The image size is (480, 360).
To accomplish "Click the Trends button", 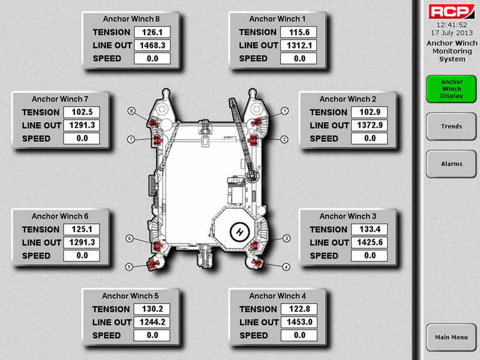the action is (x=451, y=127).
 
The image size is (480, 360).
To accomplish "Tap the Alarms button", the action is (x=451, y=164).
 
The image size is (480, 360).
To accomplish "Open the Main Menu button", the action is (x=451, y=337).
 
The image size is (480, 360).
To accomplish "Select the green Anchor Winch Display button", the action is (x=451, y=89).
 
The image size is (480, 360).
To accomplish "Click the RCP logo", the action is (x=452, y=11).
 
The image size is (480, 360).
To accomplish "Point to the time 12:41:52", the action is (x=452, y=25).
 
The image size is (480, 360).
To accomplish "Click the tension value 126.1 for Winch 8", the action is (x=152, y=32).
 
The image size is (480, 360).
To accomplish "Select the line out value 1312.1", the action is (x=299, y=46).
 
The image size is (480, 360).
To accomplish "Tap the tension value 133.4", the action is (x=370, y=229).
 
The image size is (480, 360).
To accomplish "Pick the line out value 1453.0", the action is (x=299, y=322).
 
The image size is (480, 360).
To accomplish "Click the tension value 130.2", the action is (x=152, y=309).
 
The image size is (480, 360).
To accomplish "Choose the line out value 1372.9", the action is (x=370, y=125).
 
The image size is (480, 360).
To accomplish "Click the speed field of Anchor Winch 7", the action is (x=82, y=139).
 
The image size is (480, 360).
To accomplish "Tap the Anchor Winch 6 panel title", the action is (x=60, y=216).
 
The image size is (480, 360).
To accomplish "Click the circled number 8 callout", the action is (x=131, y=111).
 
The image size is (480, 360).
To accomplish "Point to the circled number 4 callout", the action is (x=286, y=267).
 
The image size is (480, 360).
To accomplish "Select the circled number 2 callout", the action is (x=284, y=140).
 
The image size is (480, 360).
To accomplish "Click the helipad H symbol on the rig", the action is (x=239, y=232).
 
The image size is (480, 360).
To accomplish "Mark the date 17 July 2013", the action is (x=452, y=33).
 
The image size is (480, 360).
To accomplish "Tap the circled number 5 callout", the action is (x=129, y=267).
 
